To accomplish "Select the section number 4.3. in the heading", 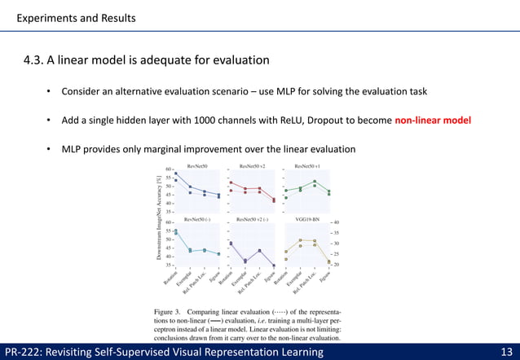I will [39, 59].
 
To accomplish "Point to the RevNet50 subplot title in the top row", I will [198, 166].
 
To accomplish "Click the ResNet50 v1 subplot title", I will [306, 166].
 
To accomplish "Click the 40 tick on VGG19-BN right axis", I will [335, 222].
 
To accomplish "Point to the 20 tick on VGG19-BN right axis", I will [335, 265].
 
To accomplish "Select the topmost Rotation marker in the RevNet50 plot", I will [176, 173].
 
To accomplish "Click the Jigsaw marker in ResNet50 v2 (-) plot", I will [274, 266].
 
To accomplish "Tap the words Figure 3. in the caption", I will [169, 311].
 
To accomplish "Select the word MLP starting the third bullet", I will [62, 149].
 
